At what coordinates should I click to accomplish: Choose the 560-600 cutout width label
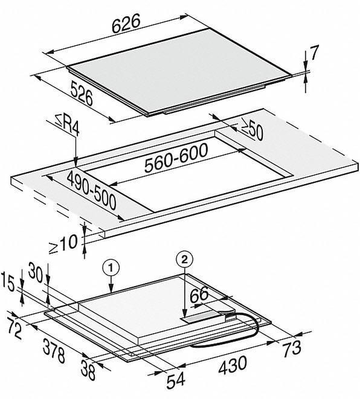[x=170, y=161]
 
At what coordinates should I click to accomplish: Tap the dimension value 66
[x=199, y=295]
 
